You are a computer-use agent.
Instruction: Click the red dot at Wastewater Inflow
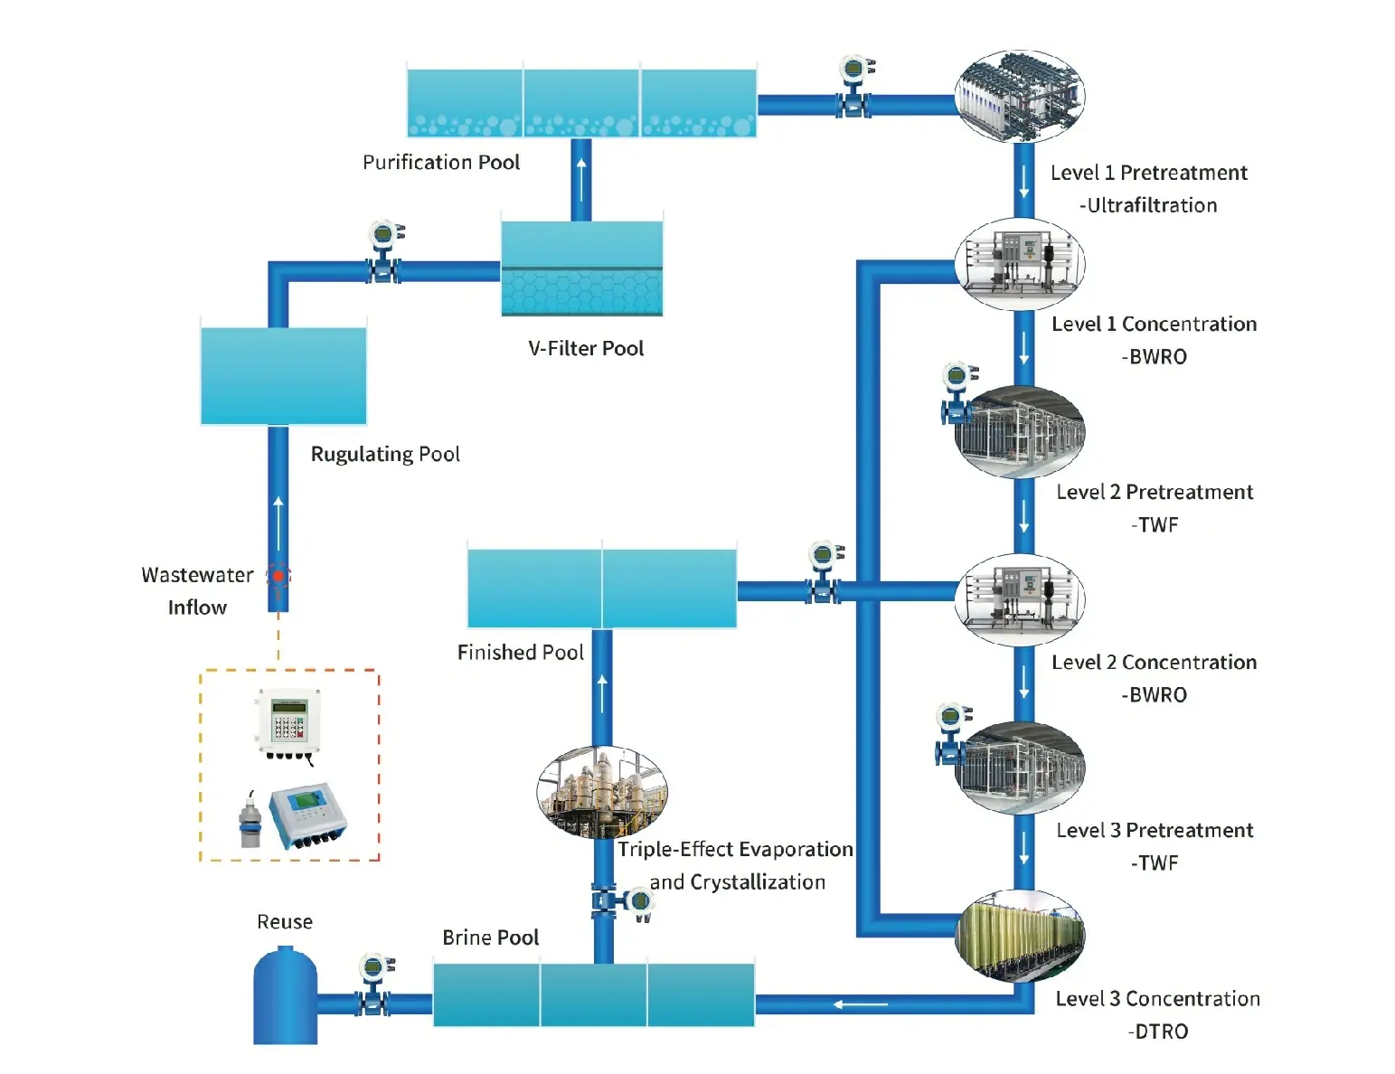click(278, 576)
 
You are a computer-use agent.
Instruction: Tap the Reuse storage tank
click(285, 998)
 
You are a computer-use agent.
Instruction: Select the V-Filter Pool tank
click(582, 268)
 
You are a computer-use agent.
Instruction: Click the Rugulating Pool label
click(385, 454)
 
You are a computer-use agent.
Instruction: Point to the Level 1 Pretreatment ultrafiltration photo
click(1020, 96)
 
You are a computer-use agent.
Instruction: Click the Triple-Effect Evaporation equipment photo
click(602, 793)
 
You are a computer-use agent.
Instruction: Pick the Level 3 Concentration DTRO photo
click(1020, 936)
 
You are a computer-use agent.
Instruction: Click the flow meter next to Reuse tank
click(373, 984)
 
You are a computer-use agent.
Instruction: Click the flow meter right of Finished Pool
click(823, 572)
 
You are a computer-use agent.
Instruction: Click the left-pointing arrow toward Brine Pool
click(860, 1004)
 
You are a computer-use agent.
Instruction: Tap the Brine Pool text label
click(490, 937)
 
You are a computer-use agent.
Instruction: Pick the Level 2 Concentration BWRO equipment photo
click(1020, 599)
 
